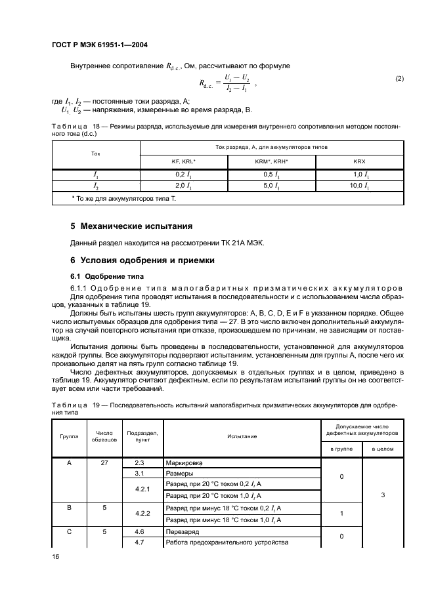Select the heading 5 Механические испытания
[x=131, y=226]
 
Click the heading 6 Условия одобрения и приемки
[x=142, y=260]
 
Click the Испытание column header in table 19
[x=242, y=436]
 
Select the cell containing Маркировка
[x=185, y=462]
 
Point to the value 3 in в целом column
[x=382, y=495]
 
